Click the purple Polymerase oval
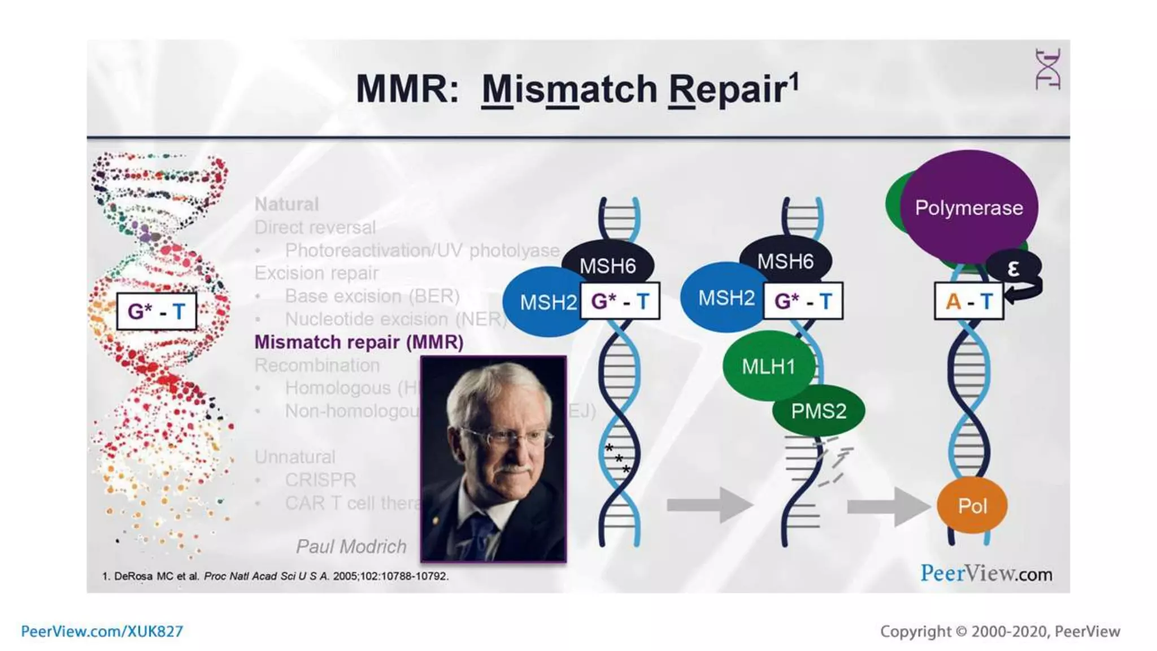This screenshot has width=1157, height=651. click(x=968, y=207)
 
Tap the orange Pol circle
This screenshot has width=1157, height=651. click(x=972, y=506)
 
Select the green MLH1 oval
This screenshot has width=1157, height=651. click(x=767, y=366)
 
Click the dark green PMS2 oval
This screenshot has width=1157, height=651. click(x=819, y=411)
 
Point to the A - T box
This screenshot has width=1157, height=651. click(x=969, y=301)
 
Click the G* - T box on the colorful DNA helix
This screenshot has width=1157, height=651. click(x=156, y=311)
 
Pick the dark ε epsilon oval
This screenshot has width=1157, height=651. click(x=1013, y=268)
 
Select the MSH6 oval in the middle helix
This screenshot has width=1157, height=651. click(x=785, y=261)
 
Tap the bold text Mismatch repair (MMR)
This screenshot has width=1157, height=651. click(x=359, y=342)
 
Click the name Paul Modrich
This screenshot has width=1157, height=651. click(x=351, y=546)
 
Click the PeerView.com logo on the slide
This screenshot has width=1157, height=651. click(x=986, y=574)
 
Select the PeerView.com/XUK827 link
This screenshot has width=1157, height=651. click(x=102, y=631)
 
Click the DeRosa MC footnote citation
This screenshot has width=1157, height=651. click(x=275, y=576)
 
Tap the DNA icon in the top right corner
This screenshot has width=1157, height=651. click(x=1047, y=69)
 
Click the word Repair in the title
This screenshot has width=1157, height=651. click(x=728, y=89)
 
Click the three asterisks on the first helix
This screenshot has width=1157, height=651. click(x=617, y=458)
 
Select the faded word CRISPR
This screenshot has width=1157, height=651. click(x=320, y=480)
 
